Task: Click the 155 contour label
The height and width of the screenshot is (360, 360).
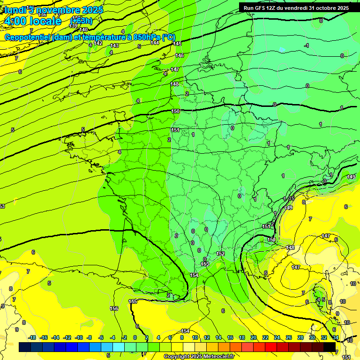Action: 133,301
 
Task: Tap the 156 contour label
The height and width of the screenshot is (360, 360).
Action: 114,308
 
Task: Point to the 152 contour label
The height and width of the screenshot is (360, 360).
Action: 220,254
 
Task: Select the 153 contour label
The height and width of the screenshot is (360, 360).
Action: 205,264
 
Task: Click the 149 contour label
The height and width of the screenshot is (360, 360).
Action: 351,177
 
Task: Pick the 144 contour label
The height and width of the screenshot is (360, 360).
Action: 155,43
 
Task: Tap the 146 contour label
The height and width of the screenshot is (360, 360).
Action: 180,55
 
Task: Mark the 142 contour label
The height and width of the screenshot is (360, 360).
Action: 98,43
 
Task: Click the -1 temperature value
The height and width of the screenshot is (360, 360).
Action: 306,45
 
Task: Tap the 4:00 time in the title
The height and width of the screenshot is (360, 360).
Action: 16,21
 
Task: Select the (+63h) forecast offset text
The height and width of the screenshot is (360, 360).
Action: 81,21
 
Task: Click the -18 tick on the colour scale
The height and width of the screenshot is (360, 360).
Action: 31,337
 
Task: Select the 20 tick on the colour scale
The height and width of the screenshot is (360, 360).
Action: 254,337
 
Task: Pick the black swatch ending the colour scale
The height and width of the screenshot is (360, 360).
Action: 330,347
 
